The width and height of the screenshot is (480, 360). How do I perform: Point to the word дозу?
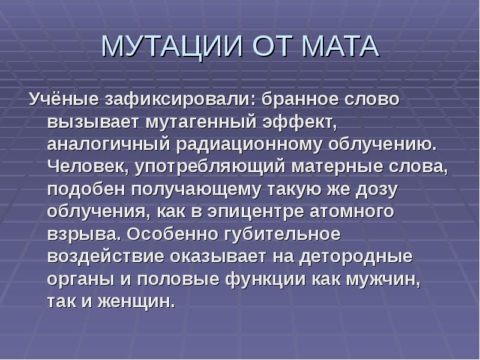pos(376,190)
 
